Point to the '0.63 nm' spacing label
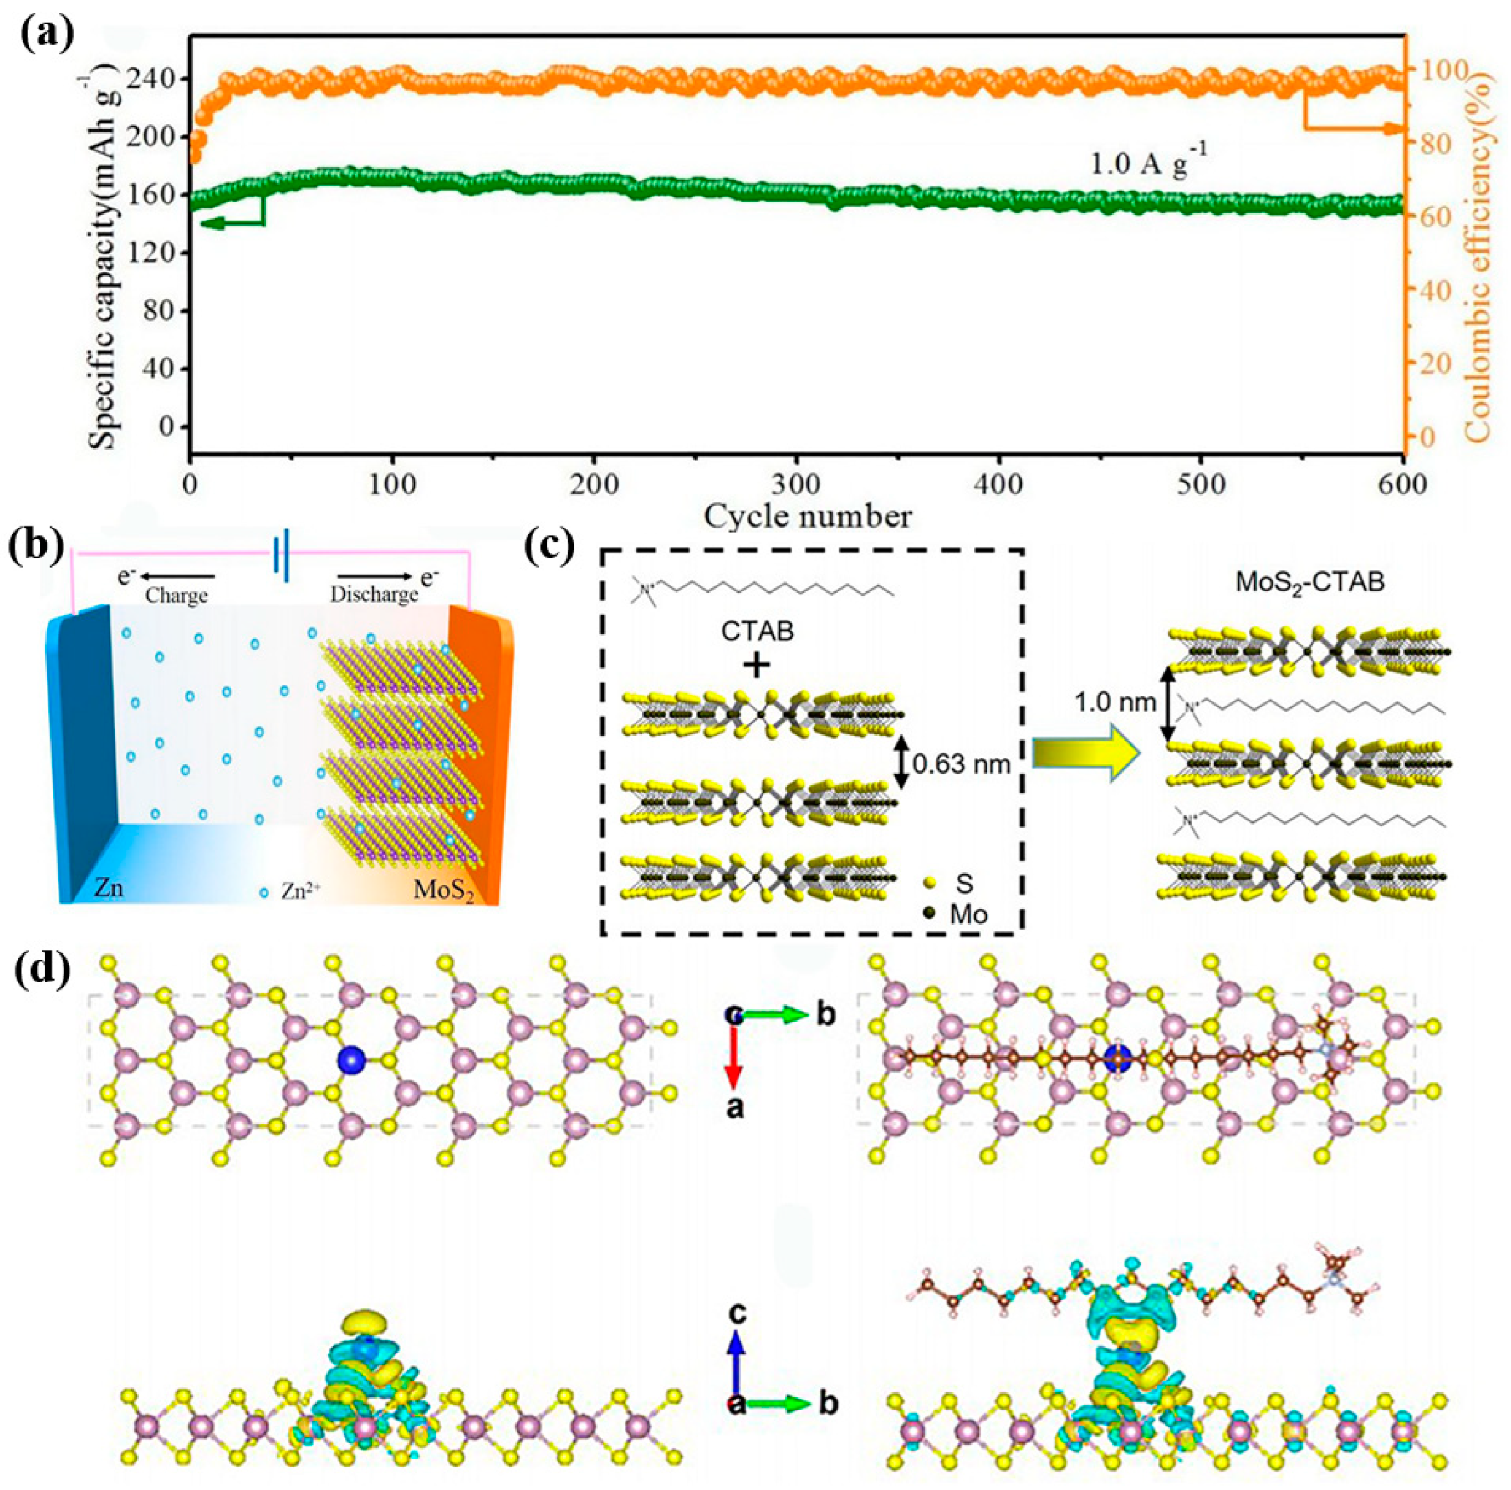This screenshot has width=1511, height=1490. tap(961, 763)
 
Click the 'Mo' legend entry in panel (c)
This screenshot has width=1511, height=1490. tap(968, 915)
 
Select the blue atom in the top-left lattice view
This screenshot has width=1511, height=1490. tap(352, 1060)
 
